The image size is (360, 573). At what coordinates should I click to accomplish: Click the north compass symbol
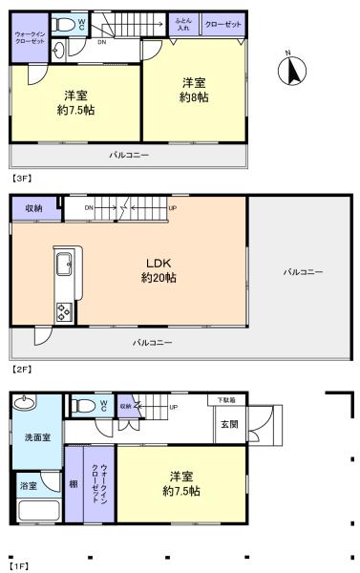(294, 70)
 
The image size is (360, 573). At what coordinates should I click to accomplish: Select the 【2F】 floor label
(20, 368)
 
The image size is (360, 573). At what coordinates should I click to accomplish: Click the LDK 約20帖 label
(159, 271)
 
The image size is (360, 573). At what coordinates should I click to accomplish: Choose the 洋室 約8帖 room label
(194, 91)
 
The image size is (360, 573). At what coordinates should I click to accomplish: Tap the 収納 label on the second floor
(33, 207)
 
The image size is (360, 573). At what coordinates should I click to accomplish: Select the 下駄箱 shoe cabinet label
(225, 399)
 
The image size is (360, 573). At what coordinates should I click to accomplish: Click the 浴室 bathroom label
(30, 486)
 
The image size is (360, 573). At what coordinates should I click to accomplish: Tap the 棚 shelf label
(74, 485)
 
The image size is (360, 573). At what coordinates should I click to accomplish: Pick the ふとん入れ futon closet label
(185, 24)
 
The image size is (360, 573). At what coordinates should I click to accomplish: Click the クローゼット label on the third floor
(222, 24)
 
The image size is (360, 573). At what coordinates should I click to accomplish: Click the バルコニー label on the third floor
(128, 154)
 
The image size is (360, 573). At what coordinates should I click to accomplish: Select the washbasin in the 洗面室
(25, 401)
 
